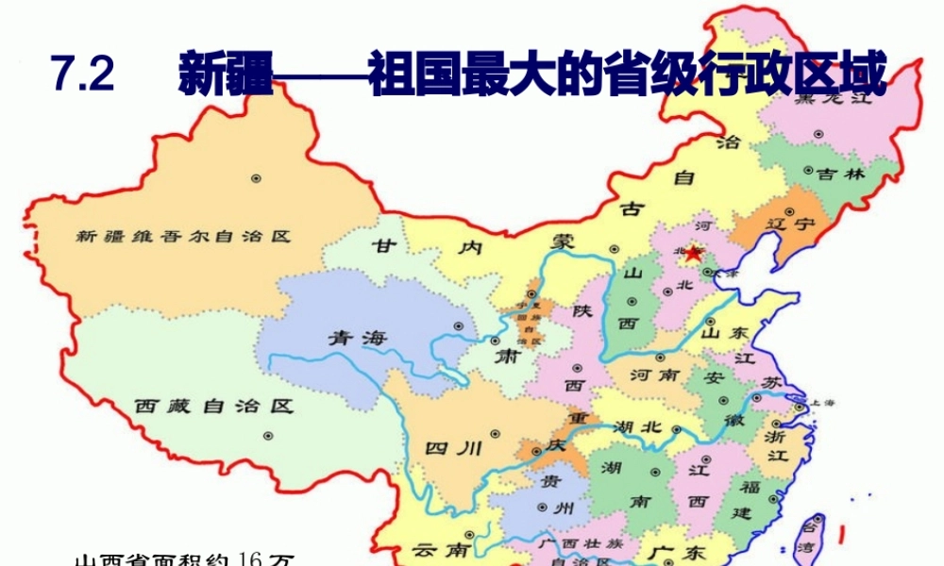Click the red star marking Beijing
pyautogui.click(x=695, y=253)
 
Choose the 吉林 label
pyautogui.click(x=840, y=174)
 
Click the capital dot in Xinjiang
pyautogui.click(x=256, y=178)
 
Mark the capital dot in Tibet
pyautogui.click(x=269, y=436)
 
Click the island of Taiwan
pyautogui.click(x=814, y=534)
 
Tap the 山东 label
pyautogui.click(x=725, y=333)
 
